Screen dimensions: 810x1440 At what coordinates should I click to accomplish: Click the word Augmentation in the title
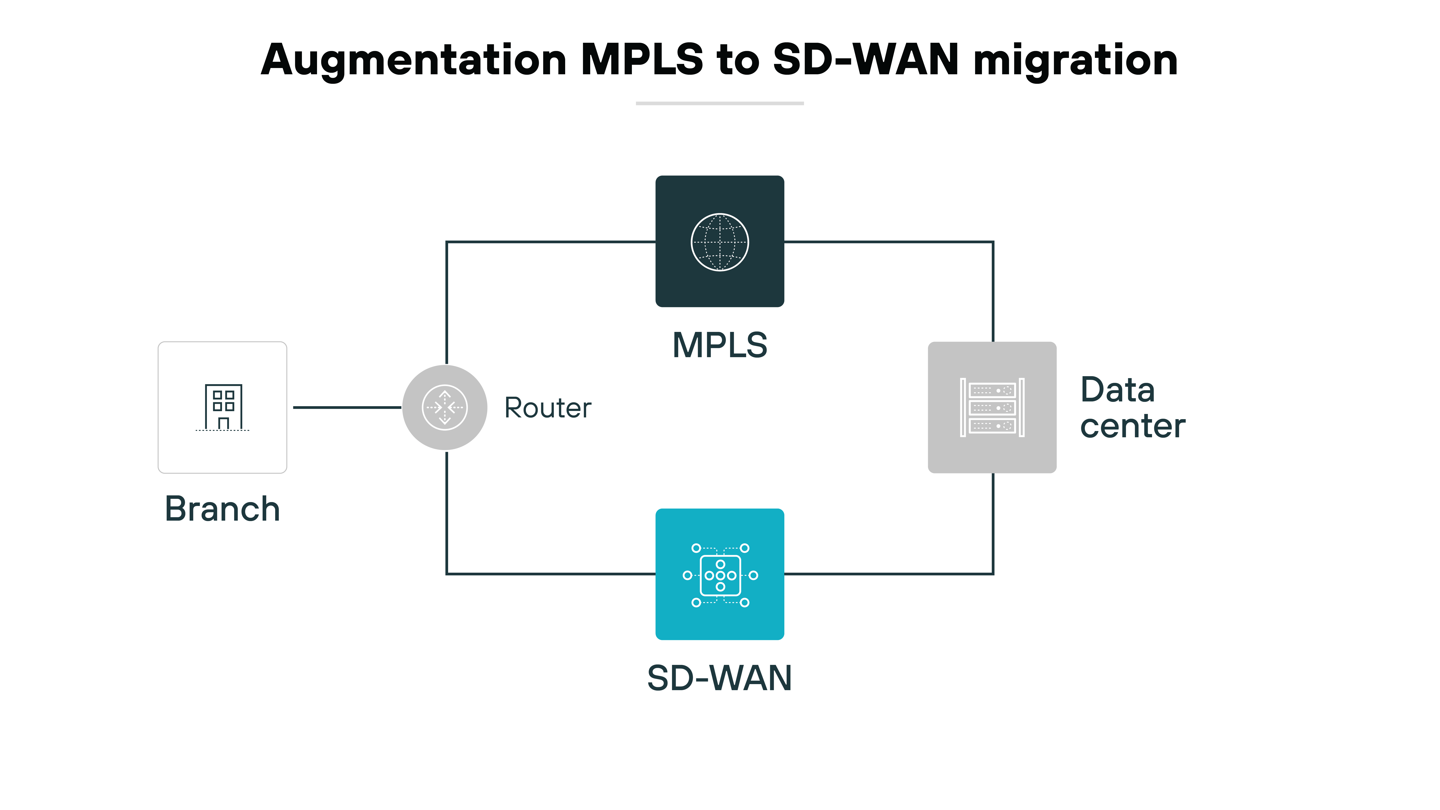(x=414, y=60)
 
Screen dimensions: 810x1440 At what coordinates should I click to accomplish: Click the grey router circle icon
(x=445, y=407)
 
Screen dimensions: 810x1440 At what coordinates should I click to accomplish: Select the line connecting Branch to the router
(x=347, y=407)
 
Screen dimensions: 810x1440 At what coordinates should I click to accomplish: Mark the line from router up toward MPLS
(x=447, y=302)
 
